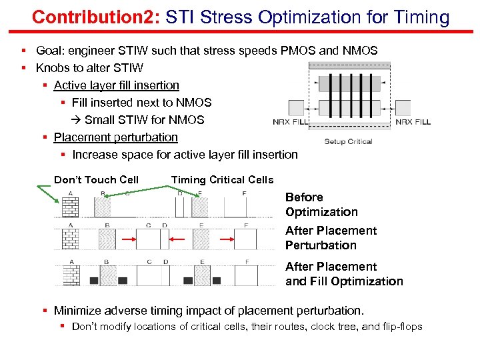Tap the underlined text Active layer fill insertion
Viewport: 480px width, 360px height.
(x=116, y=85)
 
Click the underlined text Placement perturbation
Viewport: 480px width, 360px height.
(x=115, y=137)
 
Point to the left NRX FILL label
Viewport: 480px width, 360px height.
(x=291, y=122)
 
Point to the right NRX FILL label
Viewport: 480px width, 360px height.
(x=413, y=122)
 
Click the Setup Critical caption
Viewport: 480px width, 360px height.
(x=348, y=141)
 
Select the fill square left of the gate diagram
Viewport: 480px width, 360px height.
(x=297, y=108)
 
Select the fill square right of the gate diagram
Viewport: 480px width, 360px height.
(x=407, y=108)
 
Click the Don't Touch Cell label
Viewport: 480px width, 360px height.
(x=96, y=179)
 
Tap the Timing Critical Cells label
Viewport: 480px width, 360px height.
(x=222, y=179)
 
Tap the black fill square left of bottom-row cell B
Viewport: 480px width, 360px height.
(x=94, y=281)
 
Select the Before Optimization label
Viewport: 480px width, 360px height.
(x=321, y=205)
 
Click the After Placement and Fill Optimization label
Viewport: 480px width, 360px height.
(x=344, y=274)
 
